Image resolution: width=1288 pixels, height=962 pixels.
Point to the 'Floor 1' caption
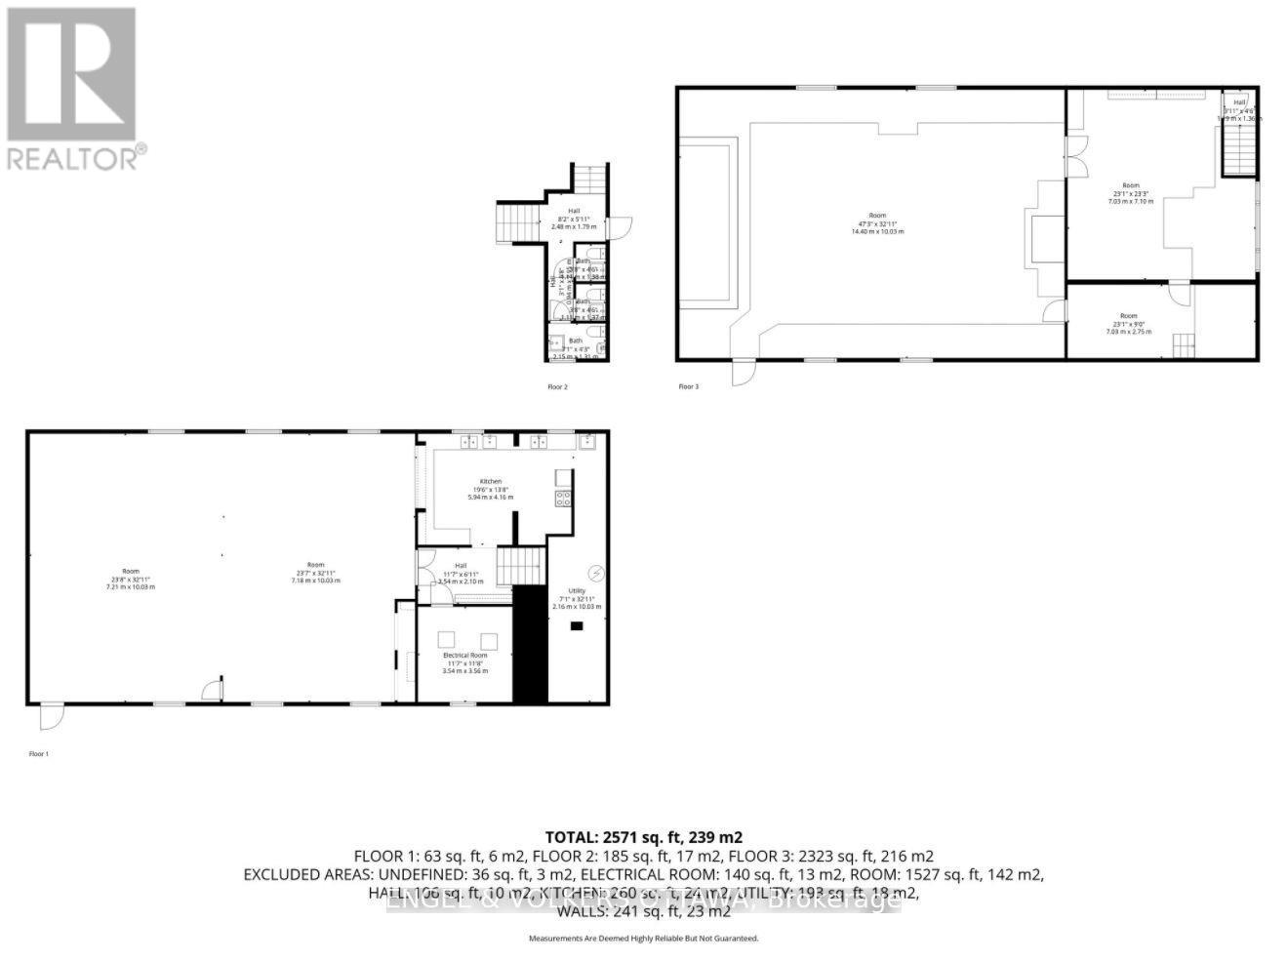(38, 754)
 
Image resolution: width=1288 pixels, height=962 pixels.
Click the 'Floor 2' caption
(557, 387)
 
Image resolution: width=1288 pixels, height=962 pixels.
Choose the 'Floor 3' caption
(689, 387)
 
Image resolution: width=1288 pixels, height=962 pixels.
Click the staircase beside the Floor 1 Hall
(519, 566)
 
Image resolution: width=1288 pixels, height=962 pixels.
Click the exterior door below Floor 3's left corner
(744, 372)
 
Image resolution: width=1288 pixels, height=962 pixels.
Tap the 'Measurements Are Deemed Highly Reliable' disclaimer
(643, 939)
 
